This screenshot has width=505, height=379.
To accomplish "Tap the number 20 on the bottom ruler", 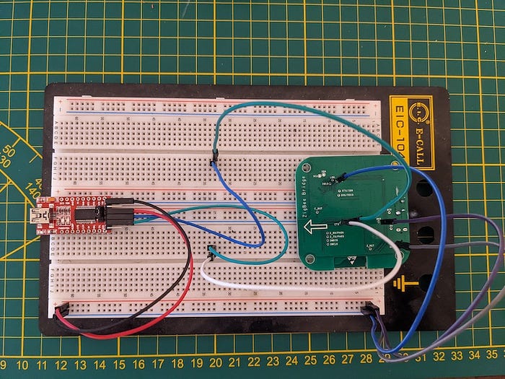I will point(215,363).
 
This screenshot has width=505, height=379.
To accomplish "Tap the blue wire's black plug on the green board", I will point(344,175).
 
